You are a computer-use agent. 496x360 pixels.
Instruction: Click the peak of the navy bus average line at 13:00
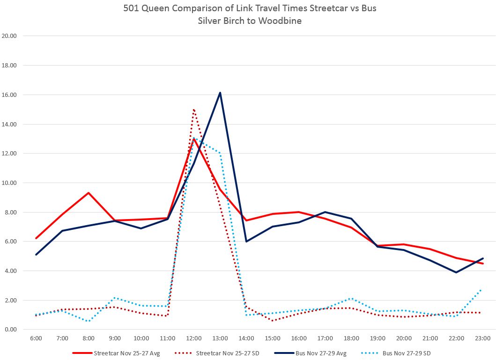point(220,93)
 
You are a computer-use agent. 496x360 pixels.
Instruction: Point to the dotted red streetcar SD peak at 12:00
point(193,110)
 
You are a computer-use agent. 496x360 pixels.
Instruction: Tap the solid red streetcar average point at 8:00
point(89,193)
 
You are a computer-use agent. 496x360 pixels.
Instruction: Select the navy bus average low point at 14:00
point(246,242)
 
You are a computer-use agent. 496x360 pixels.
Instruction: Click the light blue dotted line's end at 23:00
point(483,289)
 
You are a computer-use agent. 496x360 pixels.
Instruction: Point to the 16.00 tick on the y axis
point(9,95)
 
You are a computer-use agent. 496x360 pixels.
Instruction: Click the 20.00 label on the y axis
point(9,36)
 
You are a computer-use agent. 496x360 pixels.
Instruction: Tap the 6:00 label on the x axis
point(36,338)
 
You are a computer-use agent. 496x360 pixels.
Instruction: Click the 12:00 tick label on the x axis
point(194,338)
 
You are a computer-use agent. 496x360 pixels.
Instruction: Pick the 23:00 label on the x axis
point(483,338)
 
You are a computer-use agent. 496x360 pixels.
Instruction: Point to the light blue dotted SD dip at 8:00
point(89,321)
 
